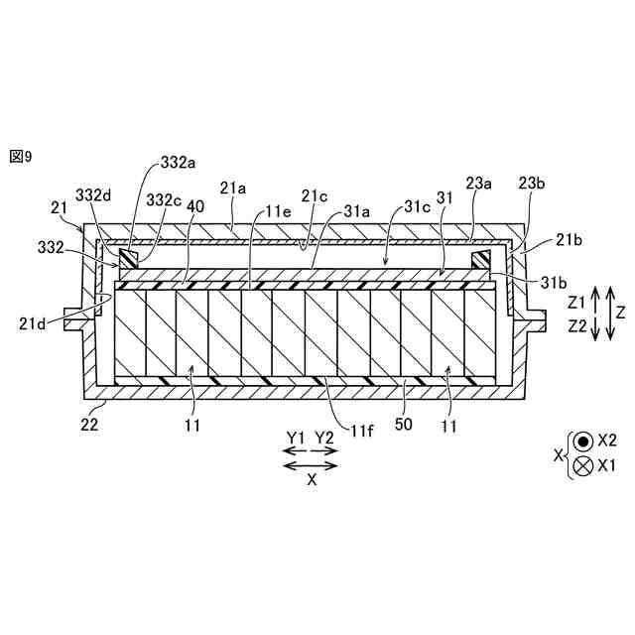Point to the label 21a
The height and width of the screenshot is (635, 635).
233,187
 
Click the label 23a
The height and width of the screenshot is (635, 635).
480,183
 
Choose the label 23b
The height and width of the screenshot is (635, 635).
533,183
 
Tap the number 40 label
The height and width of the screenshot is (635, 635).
195,205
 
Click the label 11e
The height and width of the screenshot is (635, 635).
279,211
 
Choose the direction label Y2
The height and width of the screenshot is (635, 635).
324,438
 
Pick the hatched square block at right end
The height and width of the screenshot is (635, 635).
481,259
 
